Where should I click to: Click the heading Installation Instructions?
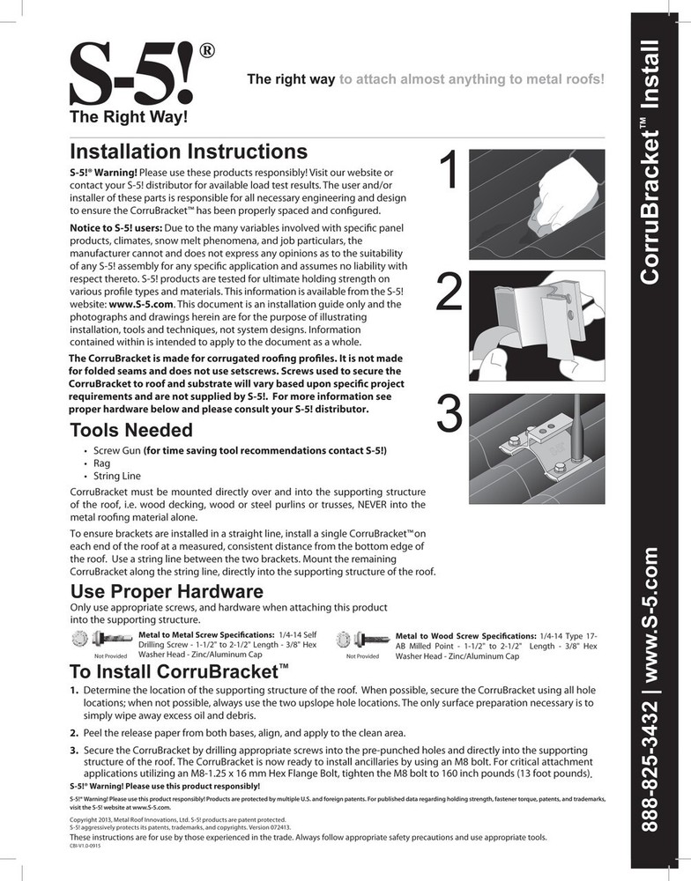[188, 152]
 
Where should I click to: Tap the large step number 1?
[449, 173]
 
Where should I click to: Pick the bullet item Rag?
[101, 463]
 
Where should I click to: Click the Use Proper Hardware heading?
[166, 590]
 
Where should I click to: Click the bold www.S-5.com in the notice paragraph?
[133, 304]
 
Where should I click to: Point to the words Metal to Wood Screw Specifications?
[465, 635]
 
